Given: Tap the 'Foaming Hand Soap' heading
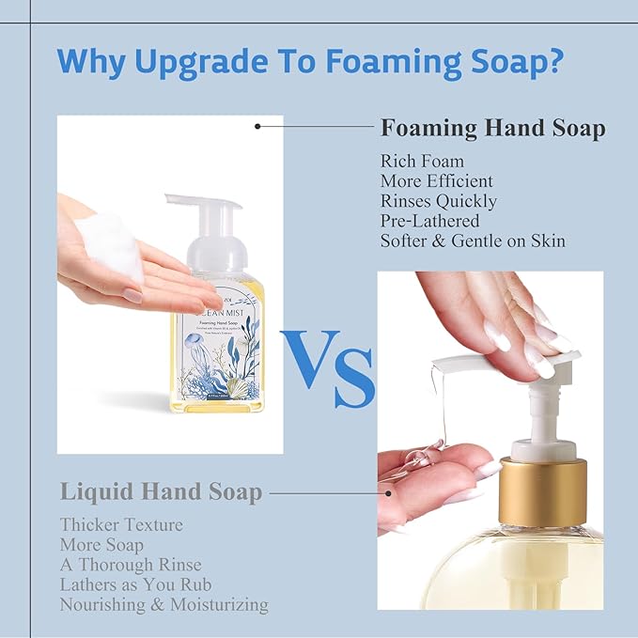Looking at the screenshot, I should (x=492, y=128).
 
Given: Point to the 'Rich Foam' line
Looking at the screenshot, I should (x=422, y=162).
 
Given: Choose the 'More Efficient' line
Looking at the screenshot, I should (x=436, y=181).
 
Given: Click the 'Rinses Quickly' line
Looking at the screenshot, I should (x=439, y=201).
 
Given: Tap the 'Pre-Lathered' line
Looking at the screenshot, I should (x=429, y=221).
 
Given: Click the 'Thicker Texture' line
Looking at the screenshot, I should (x=121, y=524).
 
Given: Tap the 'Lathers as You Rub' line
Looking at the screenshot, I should (x=136, y=584).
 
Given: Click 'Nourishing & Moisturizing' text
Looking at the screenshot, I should (x=163, y=605).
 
